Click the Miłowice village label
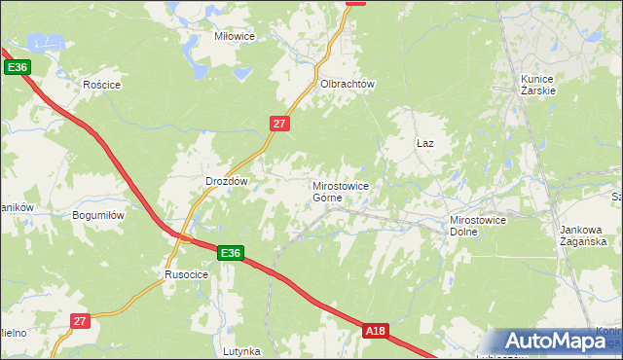tap(234, 36)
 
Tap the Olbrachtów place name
tap(348, 85)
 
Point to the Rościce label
tap(101, 85)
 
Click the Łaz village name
tap(424, 143)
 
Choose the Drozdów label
tap(229, 181)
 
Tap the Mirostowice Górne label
tap(340, 191)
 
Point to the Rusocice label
tap(185, 274)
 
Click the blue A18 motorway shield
tap(377, 332)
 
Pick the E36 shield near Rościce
tap(18, 67)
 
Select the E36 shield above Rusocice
tap(230, 253)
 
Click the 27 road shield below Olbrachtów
tap(279, 123)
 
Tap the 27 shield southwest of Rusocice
tap(81, 320)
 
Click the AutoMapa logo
tap(556, 342)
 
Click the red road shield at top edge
tap(356, 2)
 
